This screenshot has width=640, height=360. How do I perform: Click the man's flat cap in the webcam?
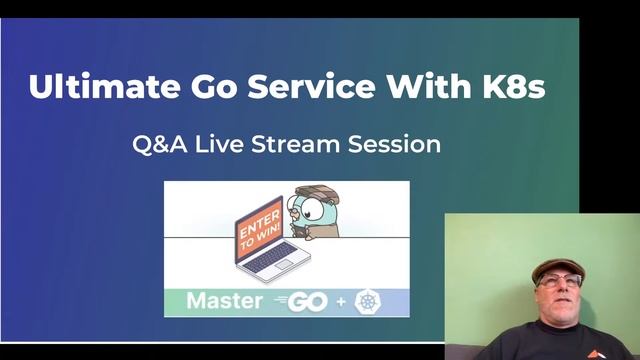[557, 267]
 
